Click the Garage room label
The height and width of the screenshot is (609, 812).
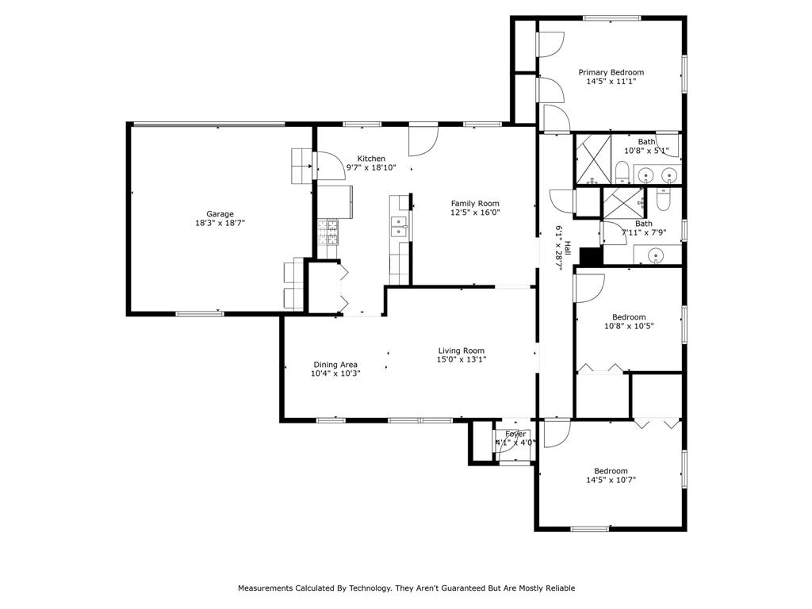point(220,214)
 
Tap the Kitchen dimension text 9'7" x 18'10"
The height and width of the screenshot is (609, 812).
point(371,167)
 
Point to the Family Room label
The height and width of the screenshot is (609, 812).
point(475,203)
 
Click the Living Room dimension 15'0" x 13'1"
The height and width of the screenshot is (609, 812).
point(462,359)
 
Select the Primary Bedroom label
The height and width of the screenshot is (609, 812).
point(611,72)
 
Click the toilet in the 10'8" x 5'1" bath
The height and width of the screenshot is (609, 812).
point(623,172)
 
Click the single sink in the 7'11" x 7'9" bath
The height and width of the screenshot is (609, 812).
point(655,255)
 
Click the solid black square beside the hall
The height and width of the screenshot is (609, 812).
point(591,256)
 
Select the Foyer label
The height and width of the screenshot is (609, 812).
point(515,434)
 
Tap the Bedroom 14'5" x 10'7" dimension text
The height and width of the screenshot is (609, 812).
point(611,479)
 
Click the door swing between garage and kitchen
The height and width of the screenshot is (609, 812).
point(328,165)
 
